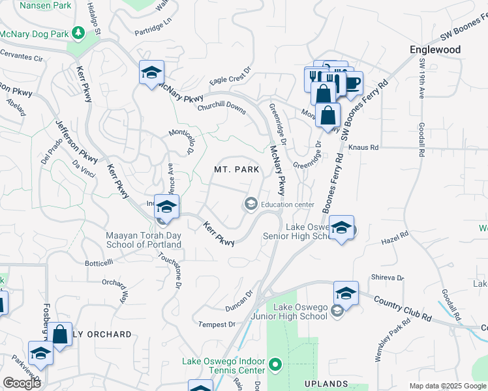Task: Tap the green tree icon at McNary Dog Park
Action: click(x=78, y=32)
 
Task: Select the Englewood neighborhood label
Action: click(x=435, y=50)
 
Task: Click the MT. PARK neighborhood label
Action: click(x=237, y=169)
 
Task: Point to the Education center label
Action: click(x=288, y=205)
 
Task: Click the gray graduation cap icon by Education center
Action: click(x=250, y=205)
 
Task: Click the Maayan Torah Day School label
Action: click(x=144, y=240)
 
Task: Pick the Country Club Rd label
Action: click(x=403, y=308)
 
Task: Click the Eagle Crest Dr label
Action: click(x=230, y=76)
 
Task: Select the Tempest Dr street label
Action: click(x=216, y=324)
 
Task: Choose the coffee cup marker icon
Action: click(x=352, y=83)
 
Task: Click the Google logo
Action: click(x=22, y=383)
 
